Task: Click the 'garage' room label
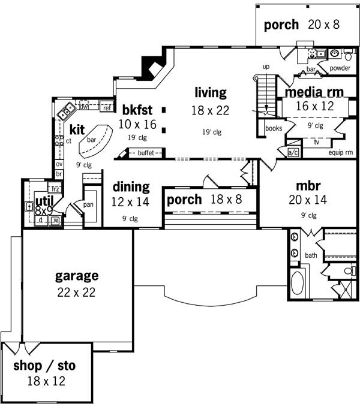76,276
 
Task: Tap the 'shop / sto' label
45,365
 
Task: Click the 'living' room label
210,92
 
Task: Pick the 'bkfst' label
137,110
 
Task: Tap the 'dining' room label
131,187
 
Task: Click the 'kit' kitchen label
77,129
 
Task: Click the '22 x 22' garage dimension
76,293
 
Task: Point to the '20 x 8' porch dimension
325,25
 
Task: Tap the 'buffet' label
146,153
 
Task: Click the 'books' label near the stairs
273,128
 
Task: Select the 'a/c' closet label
293,152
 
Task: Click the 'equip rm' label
340,152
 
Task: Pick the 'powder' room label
340,68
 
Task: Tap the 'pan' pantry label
88,204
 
